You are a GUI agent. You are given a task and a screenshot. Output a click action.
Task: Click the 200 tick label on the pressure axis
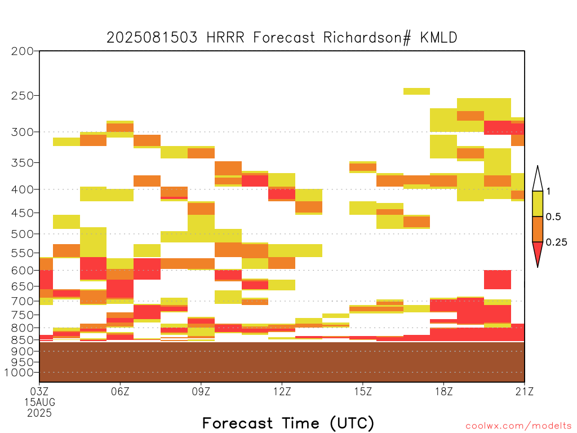click(23, 51)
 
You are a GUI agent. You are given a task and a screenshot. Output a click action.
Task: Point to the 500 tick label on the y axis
click(23, 234)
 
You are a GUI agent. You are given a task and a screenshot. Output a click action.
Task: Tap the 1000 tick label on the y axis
click(19, 373)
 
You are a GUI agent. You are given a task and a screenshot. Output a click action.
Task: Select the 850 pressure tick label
click(23, 340)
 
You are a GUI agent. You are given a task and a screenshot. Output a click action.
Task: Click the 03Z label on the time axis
click(39, 391)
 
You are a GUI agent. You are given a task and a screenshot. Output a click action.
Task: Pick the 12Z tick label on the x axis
click(282, 391)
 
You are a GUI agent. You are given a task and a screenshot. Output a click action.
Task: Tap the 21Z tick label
click(525, 391)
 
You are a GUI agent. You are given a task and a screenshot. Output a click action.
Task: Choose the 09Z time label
click(201, 391)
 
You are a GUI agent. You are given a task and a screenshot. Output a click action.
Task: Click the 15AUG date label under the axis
click(40, 402)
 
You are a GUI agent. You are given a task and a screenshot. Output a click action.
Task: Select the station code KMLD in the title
click(438, 38)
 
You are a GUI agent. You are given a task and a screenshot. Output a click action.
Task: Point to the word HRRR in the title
click(225, 38)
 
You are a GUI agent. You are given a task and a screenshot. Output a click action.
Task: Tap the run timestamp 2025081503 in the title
click(152, 38)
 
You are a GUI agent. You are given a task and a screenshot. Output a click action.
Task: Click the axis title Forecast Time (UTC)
click(288, 423)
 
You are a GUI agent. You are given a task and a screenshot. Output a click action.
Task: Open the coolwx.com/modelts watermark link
click(518, 426)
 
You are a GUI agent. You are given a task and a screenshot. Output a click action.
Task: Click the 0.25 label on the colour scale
click(556, 242)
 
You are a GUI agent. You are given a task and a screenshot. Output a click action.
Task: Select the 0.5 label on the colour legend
click(553, 217)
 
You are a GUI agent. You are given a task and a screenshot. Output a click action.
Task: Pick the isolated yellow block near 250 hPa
click(416, 91)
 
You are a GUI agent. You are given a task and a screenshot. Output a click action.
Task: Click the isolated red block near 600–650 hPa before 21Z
click(498, 280)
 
